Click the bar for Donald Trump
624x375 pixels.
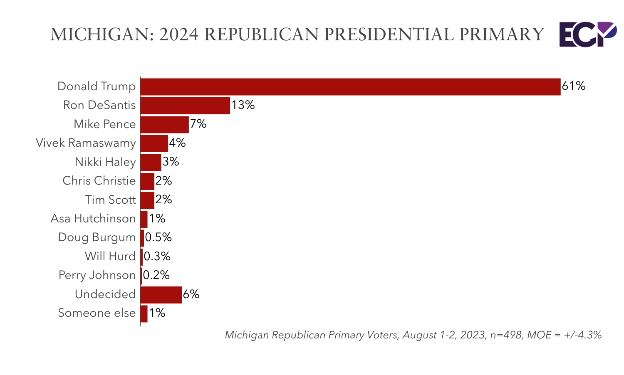(x=350, y=87)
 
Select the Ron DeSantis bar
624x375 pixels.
(x=185, y=106)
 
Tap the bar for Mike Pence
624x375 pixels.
(x=164, y=124)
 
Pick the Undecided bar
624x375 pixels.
(x=161, y=295)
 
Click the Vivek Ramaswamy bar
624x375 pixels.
(x=154, y=143)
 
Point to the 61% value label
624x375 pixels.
(x=573, y=86)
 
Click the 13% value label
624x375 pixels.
(x=243, y=105)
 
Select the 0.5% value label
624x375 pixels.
(x=158, y=237)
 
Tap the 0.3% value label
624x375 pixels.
(x=157, y=257)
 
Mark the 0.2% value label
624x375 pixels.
(x=156, y=275)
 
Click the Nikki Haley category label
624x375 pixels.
(x=105, y=162)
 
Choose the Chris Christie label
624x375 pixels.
(x=99, y=181)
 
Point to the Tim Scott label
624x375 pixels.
(x=110, y=200)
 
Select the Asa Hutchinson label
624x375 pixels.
(x=93, y=219)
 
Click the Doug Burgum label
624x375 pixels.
(x=97, y=237)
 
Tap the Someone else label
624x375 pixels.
(x=97, y=313)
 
